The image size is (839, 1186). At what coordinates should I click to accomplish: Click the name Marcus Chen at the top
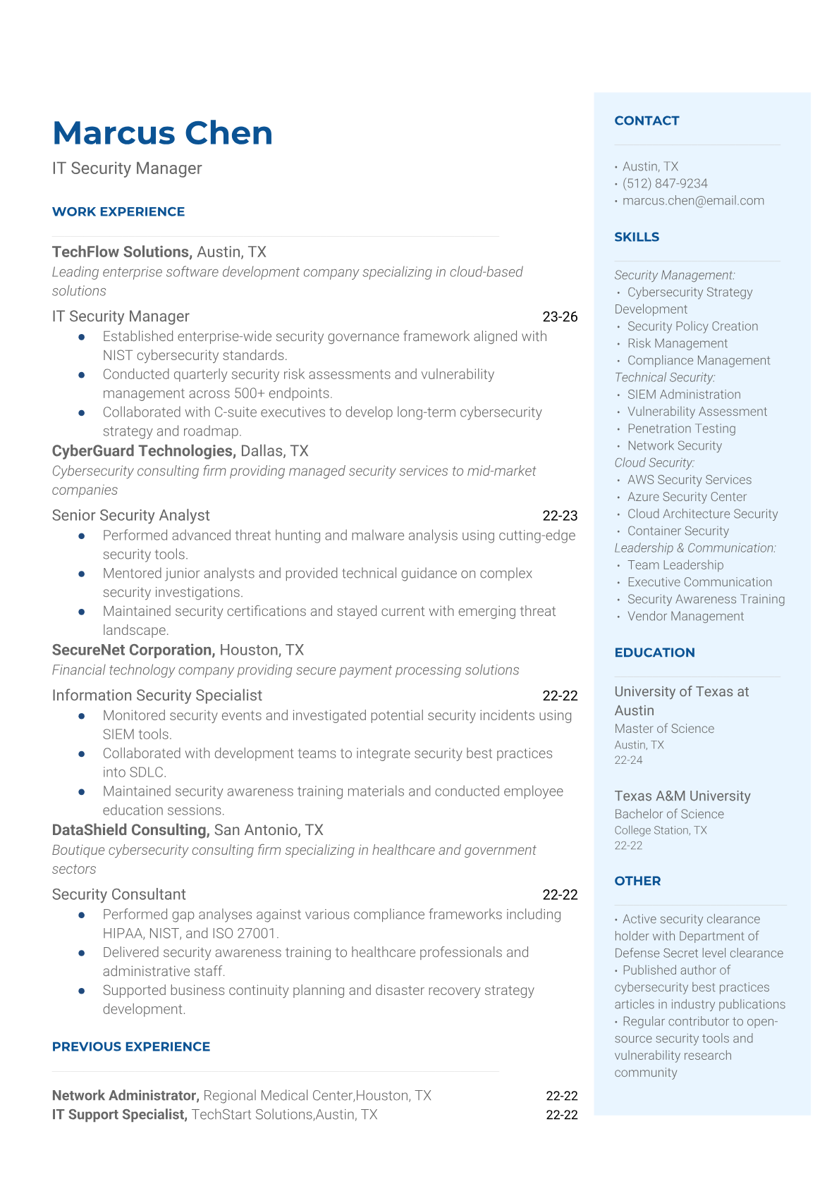[x=162, y=133]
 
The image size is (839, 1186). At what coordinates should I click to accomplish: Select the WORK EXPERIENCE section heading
[x=118, y=211]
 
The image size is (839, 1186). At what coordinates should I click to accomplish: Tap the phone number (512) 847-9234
[x=665, y=183]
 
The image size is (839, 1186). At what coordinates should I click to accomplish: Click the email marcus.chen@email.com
[x=693, y=200]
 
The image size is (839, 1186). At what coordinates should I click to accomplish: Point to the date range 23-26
[x=560, y=316]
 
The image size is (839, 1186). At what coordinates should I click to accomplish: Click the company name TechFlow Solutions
[x=121, y=252]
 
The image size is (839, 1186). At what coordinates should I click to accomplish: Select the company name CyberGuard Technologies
[x=143, y=451]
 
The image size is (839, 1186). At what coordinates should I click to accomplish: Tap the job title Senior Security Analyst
[x=131, y=515]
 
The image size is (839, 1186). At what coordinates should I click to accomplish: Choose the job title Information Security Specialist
[x=157, y=696]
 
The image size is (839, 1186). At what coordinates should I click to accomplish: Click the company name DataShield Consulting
[x=130, y=830]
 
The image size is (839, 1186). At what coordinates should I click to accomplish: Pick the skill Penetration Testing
[x=681, y=428]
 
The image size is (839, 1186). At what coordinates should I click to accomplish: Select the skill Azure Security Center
[x=687, y=497]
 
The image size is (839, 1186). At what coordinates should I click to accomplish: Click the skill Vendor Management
[x=685, y=616]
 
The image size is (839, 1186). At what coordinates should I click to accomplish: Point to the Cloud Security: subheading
[x=654, y=462]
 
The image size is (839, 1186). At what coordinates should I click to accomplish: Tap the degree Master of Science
[x=664, y=729]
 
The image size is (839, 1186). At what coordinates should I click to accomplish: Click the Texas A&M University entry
[x=682, y=796]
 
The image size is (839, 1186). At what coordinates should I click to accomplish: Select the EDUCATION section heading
[x=654, y=653]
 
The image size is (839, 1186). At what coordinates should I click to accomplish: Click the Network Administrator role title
[x=125, y=1096]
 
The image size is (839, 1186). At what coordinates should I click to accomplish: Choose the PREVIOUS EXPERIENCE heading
[x=131, y=1046]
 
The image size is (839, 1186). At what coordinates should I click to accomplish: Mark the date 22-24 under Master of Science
[x=628, y=760]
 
